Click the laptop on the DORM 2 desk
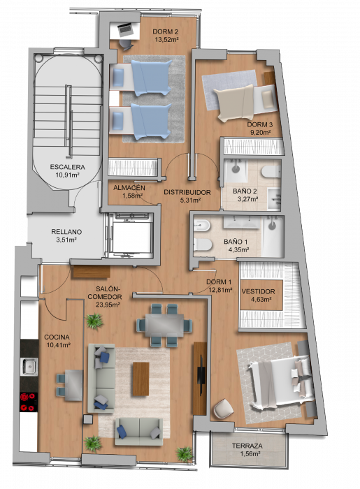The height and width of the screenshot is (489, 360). coord(125,29)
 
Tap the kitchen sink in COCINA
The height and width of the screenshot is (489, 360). coord(29,367)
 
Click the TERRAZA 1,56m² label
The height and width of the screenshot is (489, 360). coord(247,450)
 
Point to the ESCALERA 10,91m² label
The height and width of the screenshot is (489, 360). coord(67,171)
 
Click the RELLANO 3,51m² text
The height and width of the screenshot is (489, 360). coord(66,235)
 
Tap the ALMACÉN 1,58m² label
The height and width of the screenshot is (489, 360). coord(129,192)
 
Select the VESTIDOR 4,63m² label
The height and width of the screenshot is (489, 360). coord(259,295)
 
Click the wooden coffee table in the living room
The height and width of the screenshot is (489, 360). coord(141,379)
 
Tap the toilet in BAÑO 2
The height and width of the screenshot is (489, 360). coord(271,171)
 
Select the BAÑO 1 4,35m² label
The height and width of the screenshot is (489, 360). coord(236,245)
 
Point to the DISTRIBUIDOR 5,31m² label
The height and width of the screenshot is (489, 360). coord(187,196)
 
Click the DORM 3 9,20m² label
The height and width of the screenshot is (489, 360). coord(260,128)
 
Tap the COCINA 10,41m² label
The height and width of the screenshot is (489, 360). coord(57,341)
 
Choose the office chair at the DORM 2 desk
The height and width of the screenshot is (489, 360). coord(125,44)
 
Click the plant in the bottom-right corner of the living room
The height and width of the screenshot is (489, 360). coord(185,454)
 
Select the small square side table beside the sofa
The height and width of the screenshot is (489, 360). coord(87,419)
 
